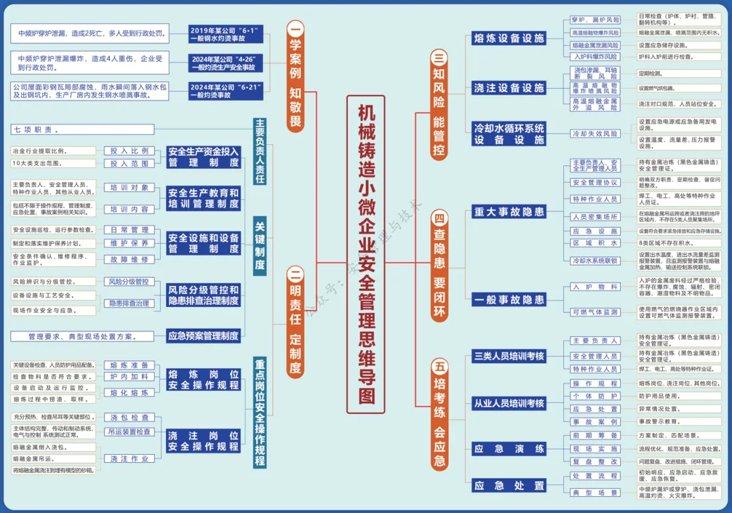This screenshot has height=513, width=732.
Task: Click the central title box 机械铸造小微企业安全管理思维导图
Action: pos(366,254)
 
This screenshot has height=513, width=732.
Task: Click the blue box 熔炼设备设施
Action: pos(509,39)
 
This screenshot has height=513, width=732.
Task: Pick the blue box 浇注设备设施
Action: pos(509,87)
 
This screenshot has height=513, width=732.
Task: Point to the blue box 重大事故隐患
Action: pos(509,212)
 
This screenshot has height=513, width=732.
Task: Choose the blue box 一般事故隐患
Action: pos(509,300)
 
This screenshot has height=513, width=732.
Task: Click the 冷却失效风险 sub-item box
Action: pos(594,134)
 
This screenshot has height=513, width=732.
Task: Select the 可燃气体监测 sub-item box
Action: pos(594,312)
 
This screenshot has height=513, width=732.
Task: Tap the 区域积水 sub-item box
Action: pos(594,243)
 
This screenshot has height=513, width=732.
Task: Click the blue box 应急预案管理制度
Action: pos(203,335)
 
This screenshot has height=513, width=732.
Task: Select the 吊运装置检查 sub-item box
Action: pos(129,432)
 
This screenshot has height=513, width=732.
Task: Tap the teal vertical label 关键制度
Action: pos(260,243)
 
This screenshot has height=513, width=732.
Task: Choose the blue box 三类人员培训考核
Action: pos(509,356)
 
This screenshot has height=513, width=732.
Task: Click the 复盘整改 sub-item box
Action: pos(594,461)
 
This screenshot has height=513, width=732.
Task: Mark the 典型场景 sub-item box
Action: pos(594,493)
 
